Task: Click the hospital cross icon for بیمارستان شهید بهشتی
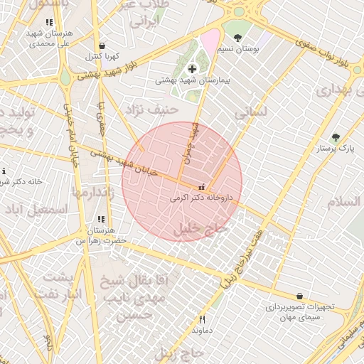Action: (x=192, y=69)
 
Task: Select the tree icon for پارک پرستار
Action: (x=336, y=137)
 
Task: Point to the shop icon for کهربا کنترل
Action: (x=102, y=45)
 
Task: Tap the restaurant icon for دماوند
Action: (x=203, y=319)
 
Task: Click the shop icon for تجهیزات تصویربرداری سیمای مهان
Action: (x=299, y=296)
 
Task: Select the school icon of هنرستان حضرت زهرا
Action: (x=100, y=219)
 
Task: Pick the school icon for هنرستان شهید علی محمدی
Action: (x=48, y=23)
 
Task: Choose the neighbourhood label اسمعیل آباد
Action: (x=36, y=210)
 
